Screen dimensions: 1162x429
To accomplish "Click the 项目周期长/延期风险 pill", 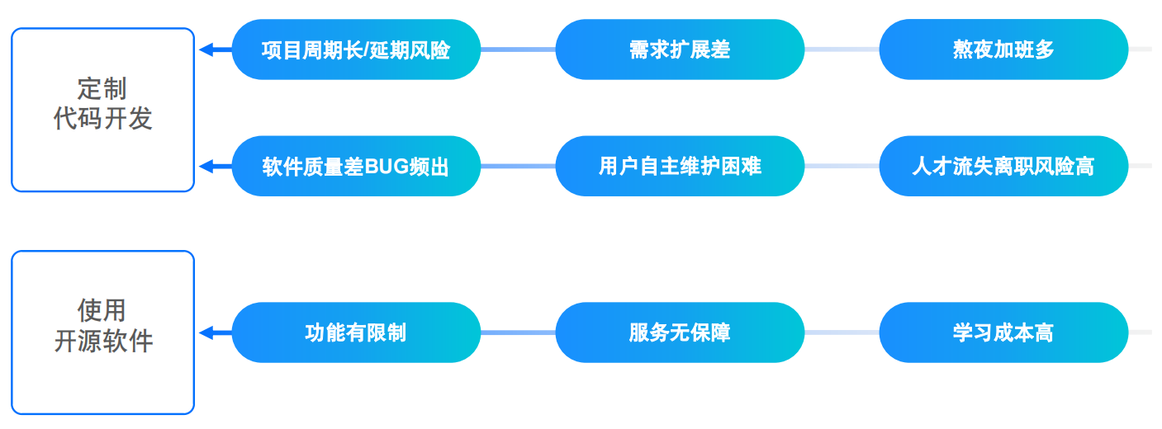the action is click(357, 49).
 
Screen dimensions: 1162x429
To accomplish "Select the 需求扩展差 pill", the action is click(680, 49).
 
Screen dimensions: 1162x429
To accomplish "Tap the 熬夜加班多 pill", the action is click(1003, 49).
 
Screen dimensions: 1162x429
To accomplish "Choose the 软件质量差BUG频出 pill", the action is click(357, 166).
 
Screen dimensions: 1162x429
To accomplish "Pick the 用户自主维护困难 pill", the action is click(680, 166).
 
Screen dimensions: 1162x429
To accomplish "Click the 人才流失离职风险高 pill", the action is click(1003, 166).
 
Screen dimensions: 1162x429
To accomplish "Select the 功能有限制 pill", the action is click(357, 332).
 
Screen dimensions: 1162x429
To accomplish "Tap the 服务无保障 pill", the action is click(680, 332).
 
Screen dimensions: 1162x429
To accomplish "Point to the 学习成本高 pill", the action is click(1003, 332).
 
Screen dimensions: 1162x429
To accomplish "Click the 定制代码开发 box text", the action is click(102, 104).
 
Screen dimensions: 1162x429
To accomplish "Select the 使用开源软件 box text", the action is click(102, 326).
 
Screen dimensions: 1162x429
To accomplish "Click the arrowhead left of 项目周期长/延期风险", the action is click(206, 49).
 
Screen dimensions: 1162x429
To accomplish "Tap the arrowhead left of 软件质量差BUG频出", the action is click(206, 167).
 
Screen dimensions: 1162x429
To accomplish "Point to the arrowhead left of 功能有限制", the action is click(206, 332).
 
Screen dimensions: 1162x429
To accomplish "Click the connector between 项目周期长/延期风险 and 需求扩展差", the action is click(518, 49).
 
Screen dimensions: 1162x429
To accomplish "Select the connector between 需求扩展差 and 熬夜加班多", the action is click(842, 49).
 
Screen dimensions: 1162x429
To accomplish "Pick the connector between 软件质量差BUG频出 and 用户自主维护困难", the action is click(518, 167).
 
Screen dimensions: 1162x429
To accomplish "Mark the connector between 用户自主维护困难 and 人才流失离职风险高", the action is click(842, 167).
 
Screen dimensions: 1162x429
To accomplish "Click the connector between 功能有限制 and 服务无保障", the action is click(518, 332).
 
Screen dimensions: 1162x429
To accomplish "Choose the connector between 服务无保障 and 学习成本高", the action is click(842, 332).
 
